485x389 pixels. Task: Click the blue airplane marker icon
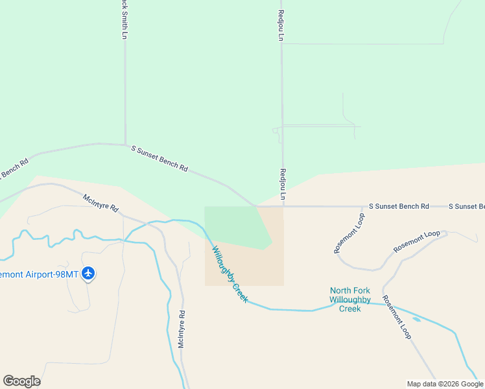click(89, 274)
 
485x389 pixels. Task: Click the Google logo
click(21, 381)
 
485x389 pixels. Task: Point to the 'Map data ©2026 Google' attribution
click(445, 384)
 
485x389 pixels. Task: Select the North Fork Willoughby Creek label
click(350, 300)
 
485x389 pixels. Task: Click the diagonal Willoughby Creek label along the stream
click(229, 274)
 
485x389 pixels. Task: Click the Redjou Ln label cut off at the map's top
click(281, 25)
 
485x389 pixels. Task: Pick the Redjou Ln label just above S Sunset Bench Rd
click(282, 184)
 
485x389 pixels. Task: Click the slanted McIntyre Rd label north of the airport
click(101, 202)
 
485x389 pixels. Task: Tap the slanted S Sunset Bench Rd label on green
click(160, 158)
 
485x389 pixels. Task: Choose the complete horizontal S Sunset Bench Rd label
click(399, 206)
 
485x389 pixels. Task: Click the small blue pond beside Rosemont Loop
click(415, 319)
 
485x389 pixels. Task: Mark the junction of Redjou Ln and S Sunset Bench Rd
click(282, 207)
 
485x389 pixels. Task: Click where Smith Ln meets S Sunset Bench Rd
click(125, 144)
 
